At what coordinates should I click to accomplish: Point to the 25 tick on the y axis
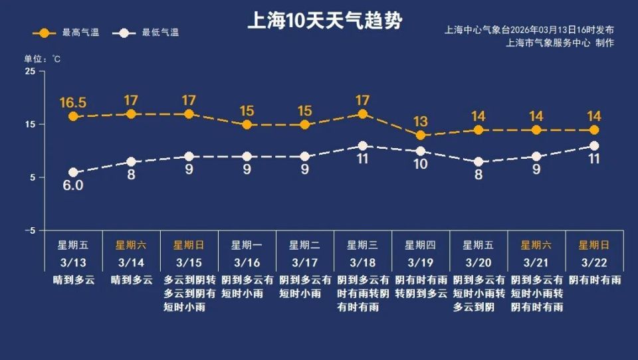30,71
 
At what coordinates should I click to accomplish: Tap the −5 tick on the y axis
30,230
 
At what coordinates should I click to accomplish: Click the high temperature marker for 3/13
73,116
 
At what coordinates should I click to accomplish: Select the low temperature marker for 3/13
73,173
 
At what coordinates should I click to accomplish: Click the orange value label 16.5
73,102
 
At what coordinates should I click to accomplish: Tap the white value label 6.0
73,186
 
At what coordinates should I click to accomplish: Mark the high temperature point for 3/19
420,135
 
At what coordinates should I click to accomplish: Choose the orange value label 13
420,122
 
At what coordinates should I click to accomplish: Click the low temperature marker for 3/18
362,146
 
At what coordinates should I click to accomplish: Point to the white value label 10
420,164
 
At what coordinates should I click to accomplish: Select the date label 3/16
247,262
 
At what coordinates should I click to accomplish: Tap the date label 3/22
594,262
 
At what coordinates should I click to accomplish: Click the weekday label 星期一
247,244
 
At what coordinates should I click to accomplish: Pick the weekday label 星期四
420,244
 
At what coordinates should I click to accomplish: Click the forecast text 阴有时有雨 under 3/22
594,280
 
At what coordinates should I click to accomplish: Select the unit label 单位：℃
43,58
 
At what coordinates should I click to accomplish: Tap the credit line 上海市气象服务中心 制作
560,43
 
